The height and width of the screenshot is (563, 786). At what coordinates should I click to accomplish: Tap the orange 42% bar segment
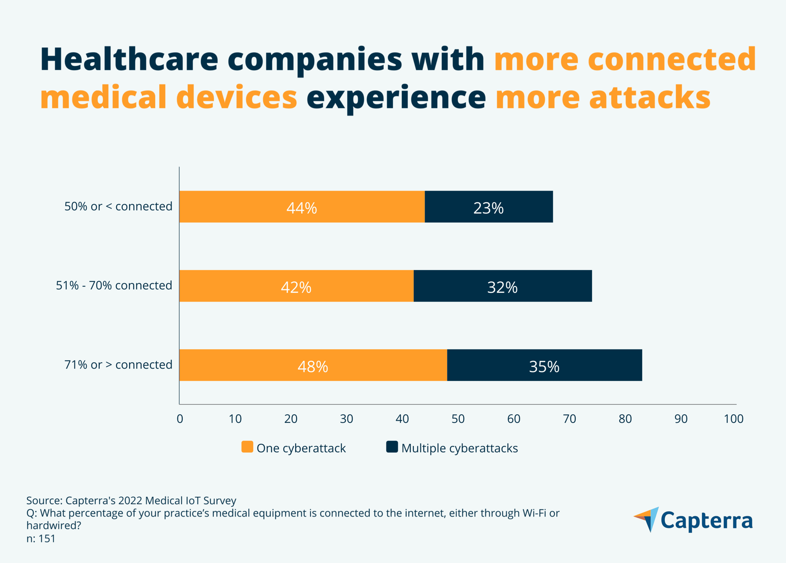[296, 286]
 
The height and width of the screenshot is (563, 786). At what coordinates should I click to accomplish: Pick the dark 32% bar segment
[503, 286]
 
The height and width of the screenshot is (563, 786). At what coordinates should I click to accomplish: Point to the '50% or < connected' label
[118, 206]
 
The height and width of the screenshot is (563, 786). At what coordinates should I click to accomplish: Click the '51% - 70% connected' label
[114, 285]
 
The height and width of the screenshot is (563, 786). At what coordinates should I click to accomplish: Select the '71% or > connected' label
[118, 365]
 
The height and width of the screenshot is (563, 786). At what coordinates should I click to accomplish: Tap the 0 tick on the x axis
[180, 419]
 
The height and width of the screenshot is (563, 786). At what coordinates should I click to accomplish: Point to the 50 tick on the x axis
[458, 419]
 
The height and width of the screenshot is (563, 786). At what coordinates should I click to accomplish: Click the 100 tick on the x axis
[733, 419]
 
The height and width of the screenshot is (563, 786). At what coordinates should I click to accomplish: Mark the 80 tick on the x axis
[625, 419]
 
